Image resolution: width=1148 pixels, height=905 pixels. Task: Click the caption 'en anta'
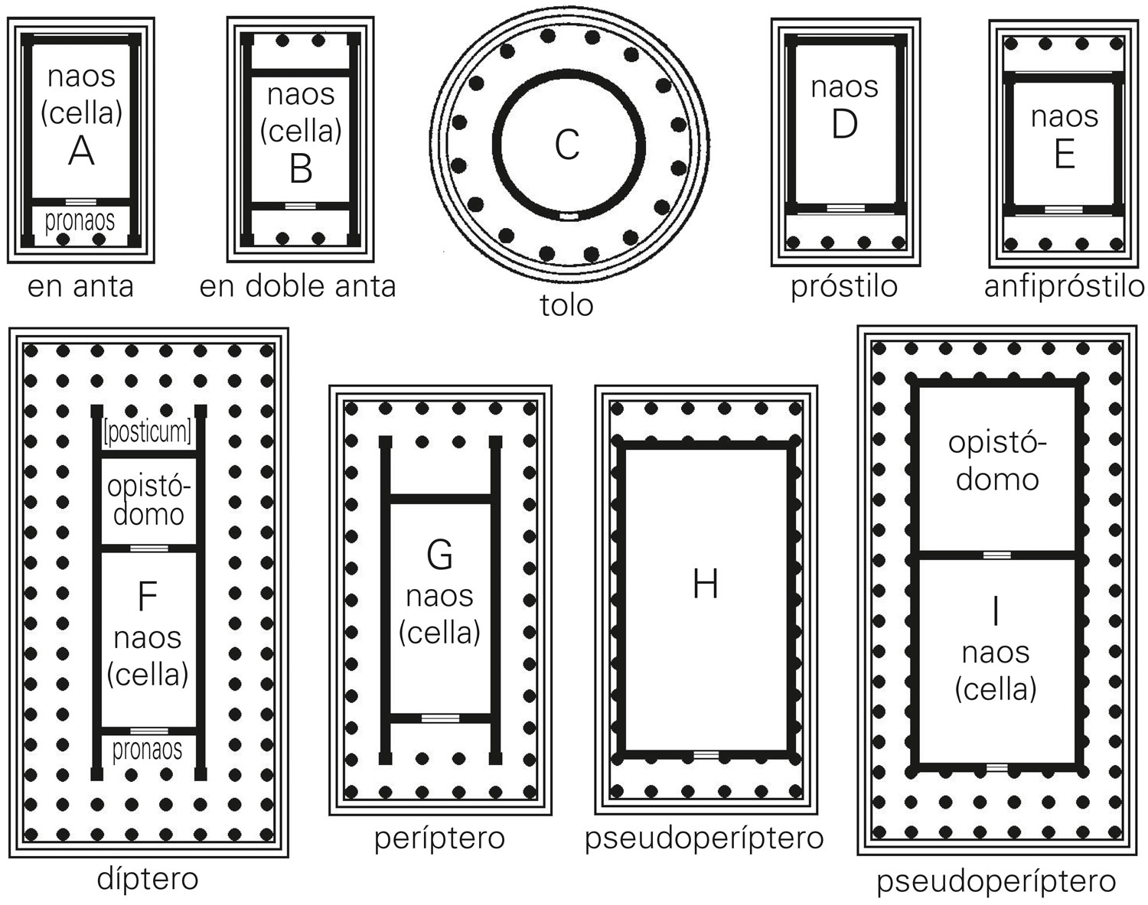tap(80, 287)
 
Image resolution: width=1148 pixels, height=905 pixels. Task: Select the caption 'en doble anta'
tap(298, 287)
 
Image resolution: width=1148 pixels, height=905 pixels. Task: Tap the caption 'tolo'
tap(566, 306)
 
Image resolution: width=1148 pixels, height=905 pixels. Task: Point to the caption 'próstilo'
tap(844, 288)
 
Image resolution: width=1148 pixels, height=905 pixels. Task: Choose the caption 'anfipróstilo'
tap(1065, 288)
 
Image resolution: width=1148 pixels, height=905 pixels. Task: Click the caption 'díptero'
tap(148, 880)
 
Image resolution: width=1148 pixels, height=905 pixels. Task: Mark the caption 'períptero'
tap(439, 838)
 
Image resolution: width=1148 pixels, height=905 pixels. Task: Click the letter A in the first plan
tap(82, 151)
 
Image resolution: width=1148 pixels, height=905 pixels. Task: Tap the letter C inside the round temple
tap(567, 145)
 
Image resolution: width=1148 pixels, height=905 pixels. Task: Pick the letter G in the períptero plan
tap(440, 555)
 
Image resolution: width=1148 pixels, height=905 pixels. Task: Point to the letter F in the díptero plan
tap(147, 597)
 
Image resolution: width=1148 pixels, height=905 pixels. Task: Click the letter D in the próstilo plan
tap(845, 124)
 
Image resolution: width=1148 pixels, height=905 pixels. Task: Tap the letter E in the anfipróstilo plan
tap(1065, 155)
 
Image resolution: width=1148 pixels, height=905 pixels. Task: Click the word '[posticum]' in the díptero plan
tap(148, 431)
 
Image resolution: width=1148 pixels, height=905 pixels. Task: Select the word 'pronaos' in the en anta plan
tap(80, 221)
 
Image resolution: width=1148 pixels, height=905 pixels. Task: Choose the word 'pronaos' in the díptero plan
tap(147, 750)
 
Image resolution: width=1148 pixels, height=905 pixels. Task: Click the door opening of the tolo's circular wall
tap(569, 216)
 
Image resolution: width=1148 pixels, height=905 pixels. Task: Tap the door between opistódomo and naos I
tap(997, 555)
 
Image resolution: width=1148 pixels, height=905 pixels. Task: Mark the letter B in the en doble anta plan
tap(301, 170)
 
